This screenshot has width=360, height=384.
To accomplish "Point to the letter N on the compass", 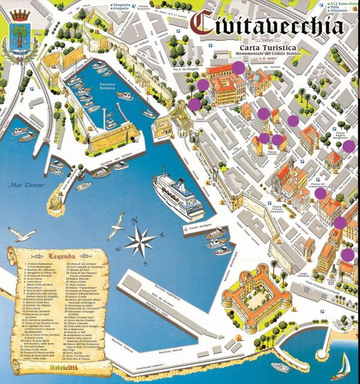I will coord(137,220).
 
